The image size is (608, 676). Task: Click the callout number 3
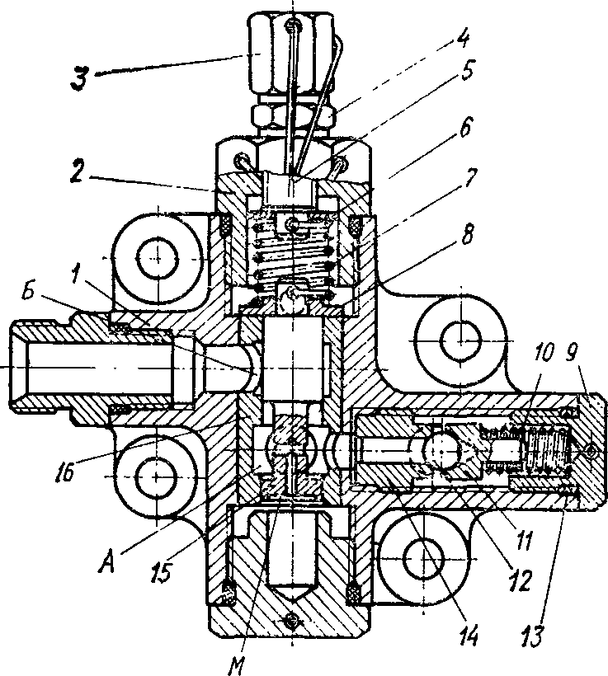coord(81,80)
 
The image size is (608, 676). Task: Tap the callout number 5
coord(466,71)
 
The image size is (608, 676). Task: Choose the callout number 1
coord(77,276)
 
